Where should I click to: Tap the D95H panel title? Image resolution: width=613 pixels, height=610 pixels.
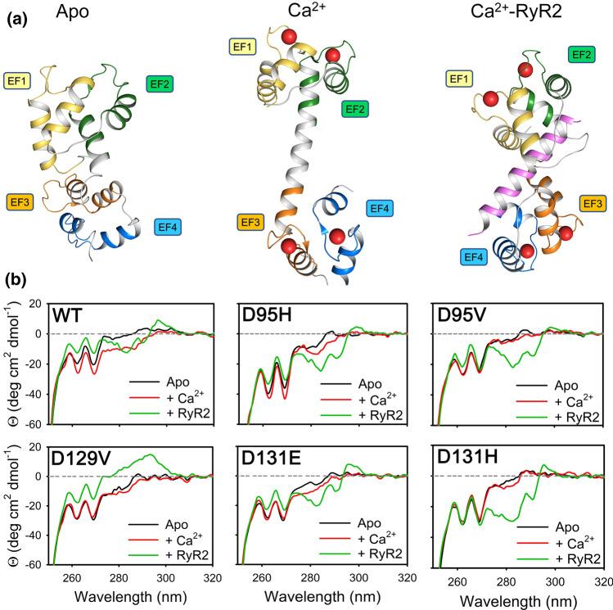pyautogui.click(x=264, y=316)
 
